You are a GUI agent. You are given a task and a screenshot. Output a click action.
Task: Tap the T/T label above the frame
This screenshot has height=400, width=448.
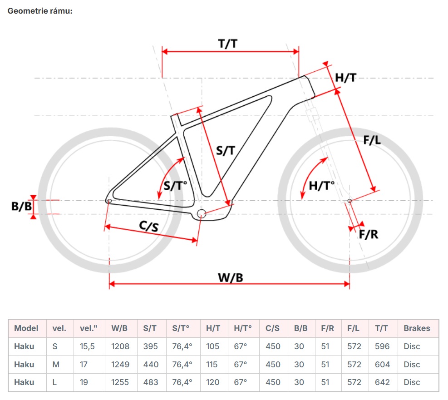[x=228, y=44]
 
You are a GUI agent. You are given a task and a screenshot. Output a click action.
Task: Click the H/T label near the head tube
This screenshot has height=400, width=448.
[x=345, y=78]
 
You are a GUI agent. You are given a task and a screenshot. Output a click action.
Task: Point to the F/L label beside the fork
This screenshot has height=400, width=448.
[x=372, y=140]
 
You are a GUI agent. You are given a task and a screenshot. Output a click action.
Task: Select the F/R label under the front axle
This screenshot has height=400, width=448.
[x=369, y=234]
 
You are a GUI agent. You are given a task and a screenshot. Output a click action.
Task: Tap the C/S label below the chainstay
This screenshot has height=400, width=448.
[x=149, y=226]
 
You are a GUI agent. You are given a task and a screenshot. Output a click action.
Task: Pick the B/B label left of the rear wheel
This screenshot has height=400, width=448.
[x=21, y=207]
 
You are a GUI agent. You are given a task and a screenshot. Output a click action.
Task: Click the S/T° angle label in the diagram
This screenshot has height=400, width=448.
[x=176, y=185]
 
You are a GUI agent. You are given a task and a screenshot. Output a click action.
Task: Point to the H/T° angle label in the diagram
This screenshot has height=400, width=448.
[x=321, y=185]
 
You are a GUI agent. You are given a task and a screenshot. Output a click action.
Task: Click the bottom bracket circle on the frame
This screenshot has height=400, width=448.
[x=202, y=213]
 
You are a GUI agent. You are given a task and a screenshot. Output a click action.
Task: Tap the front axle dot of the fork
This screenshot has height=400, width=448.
[x=349, y=200]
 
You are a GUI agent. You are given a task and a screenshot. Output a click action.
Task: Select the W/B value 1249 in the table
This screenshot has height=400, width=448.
[x=120, y=364]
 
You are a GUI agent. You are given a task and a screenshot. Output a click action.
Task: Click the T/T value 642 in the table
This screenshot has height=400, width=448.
[x=382, y=382]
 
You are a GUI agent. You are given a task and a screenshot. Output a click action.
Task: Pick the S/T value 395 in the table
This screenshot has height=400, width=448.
[x=151, y=346]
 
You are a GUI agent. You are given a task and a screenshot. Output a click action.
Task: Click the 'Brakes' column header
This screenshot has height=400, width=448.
[x=417, y=328]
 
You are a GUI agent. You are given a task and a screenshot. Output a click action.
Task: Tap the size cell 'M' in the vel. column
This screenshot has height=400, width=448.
[x=55, y=364]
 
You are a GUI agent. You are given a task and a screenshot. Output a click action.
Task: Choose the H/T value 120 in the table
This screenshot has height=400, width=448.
[x=213, y=382]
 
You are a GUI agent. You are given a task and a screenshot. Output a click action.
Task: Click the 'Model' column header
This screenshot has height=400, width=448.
[x=26, y=328]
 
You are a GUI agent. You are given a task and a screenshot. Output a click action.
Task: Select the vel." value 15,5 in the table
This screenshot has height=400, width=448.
[x=87, y=346]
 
